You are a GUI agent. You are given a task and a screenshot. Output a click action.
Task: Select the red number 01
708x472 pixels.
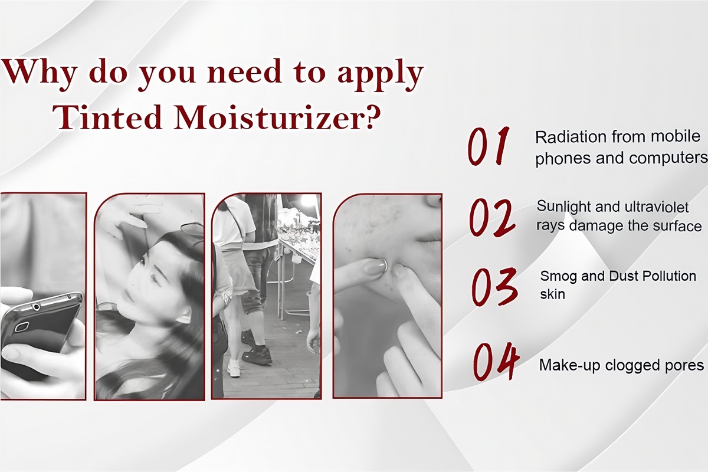pos(489,146)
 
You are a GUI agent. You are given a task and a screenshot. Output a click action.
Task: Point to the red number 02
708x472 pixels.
pos(492,218)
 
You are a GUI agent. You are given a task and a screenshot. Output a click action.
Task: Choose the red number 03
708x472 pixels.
pos(494,286)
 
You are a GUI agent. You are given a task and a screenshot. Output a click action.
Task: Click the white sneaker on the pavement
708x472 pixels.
pos(234,368)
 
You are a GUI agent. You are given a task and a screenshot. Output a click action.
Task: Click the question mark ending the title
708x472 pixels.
pos(371,116)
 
